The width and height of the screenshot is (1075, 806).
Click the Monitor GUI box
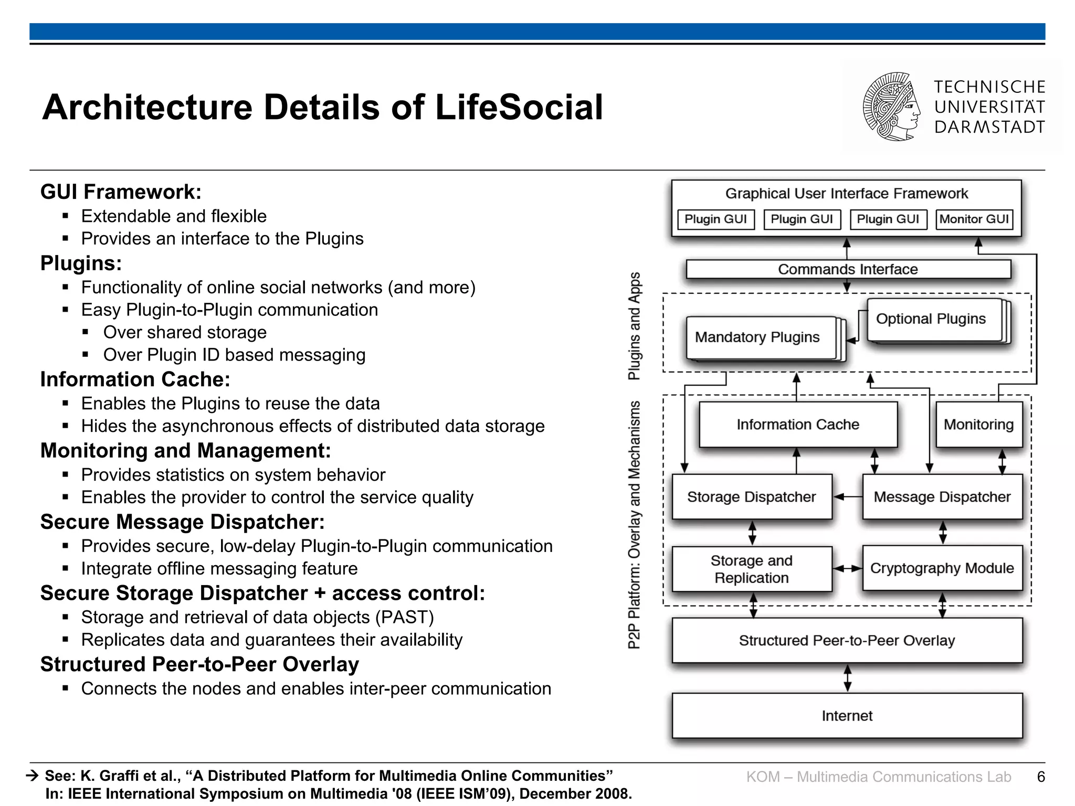point(974,219)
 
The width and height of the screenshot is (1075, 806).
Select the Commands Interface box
point(848,269)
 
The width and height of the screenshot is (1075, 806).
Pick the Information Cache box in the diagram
point(798,425)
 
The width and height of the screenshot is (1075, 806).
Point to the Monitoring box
point(979,425)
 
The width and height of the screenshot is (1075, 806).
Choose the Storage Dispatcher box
point(752,497)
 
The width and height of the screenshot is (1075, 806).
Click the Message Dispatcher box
point(942,497)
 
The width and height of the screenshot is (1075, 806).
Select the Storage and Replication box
point(752,569)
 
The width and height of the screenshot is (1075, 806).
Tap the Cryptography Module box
point(942,568)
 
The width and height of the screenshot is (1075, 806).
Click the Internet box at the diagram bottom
point(847,716)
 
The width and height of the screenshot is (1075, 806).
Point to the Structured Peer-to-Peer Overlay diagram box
point(847,641)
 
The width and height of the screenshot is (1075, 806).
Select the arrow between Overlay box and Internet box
point(847,678)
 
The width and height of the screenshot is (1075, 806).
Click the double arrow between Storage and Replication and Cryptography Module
point(848,568)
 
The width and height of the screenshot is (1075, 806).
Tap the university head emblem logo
point(892,107)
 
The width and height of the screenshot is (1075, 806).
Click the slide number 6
point(1041,777)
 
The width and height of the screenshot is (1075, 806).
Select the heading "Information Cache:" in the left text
point(135,379)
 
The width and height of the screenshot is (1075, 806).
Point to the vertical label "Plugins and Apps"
point(635,326)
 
